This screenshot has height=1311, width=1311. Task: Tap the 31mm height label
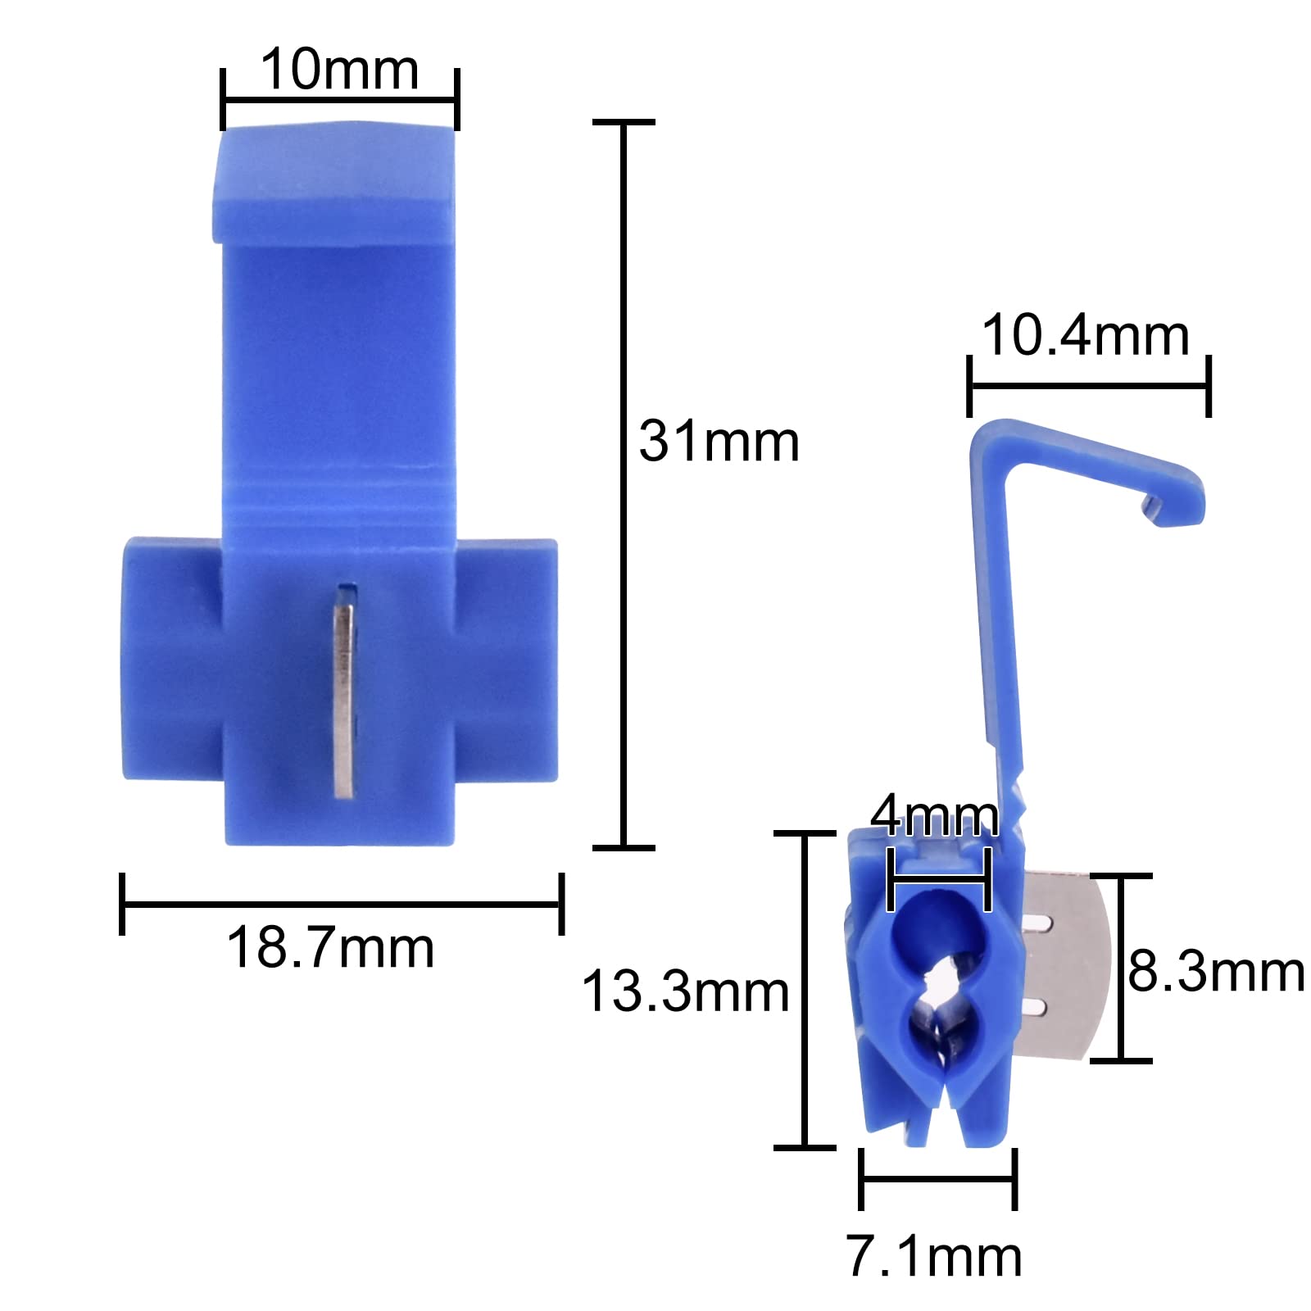pyautogui.click(x=719, y=442)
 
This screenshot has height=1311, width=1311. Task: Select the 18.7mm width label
pyautogui.click(x=330, y=948)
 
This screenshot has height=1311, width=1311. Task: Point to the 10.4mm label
pyautogui.click(x=1086, y=336)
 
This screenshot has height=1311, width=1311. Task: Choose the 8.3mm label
pyautogui.click(x=1216, y=972)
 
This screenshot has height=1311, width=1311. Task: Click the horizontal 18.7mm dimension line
pyautogui.click(x=342, y=904)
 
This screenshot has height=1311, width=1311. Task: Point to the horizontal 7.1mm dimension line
pyautogui.click(x=937, y=1179)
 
